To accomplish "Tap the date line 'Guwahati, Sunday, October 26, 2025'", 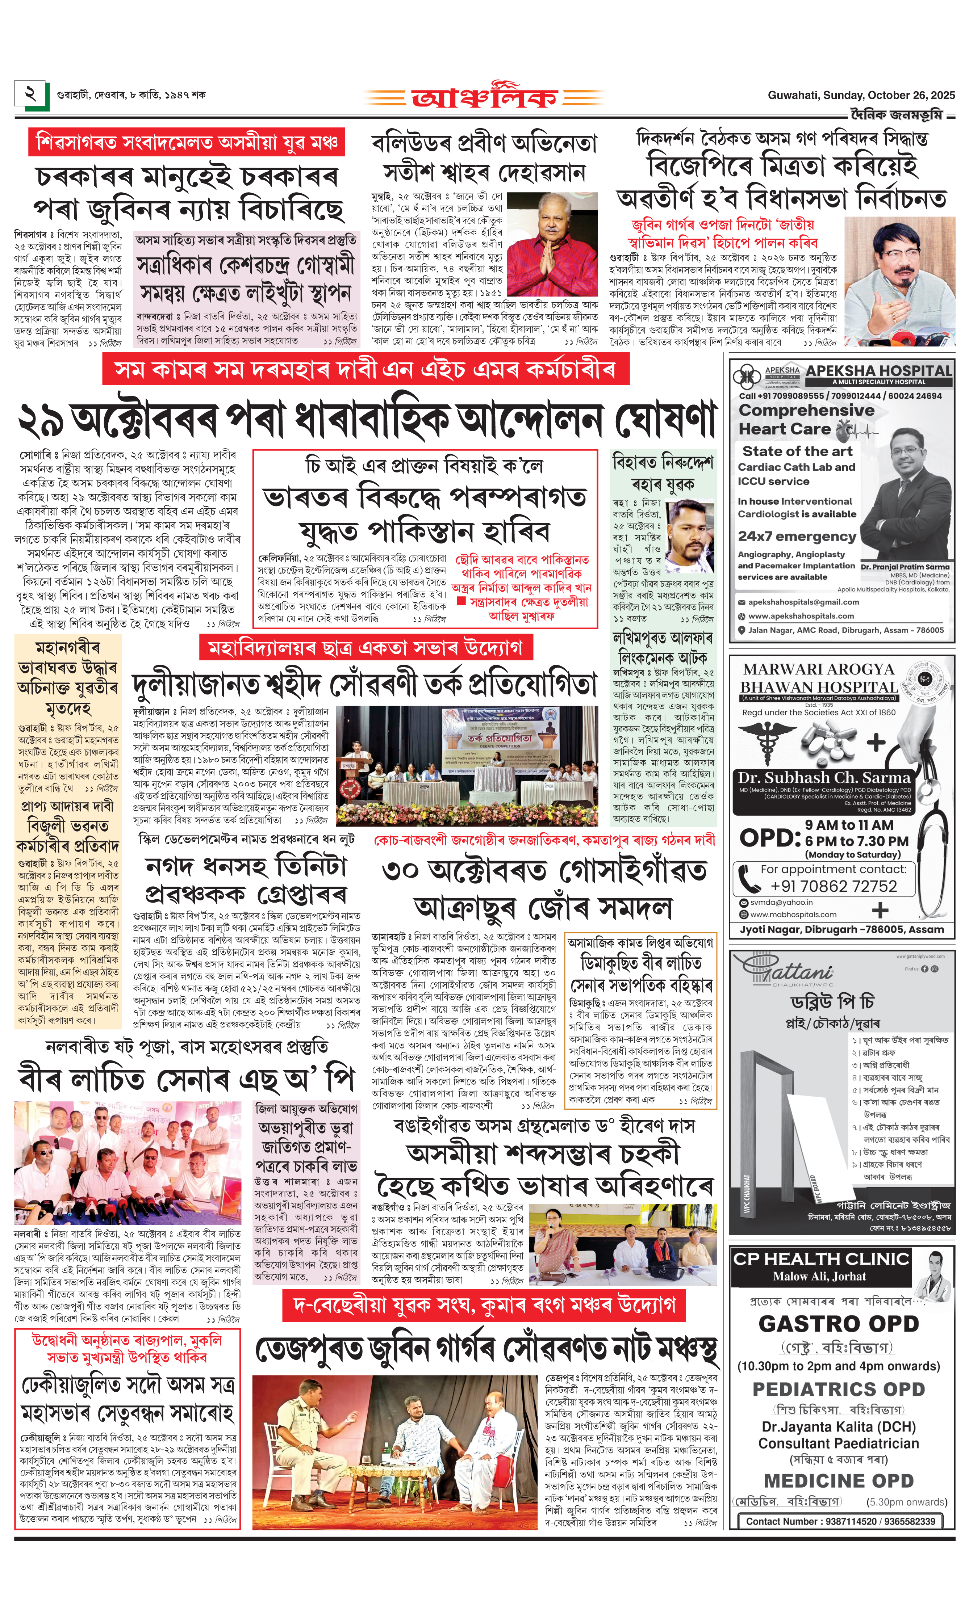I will pyautogui.click(x=861, y=95).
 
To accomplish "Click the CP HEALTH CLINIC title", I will pyautogui.click(x=821, y=1258).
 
